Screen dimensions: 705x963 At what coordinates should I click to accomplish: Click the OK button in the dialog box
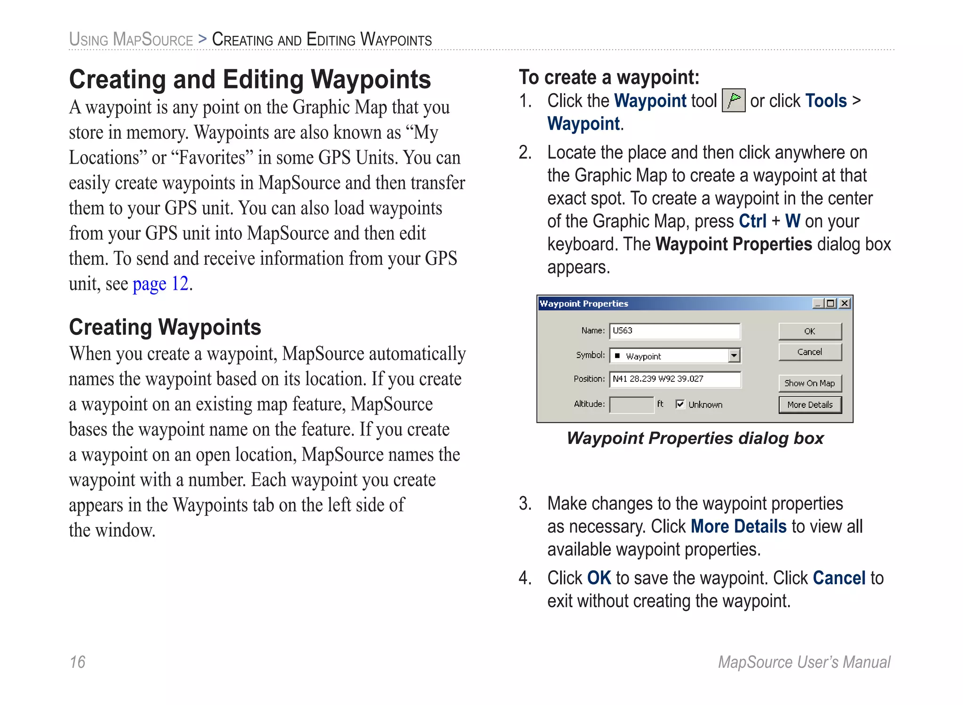810,331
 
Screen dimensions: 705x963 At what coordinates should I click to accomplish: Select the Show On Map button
810,383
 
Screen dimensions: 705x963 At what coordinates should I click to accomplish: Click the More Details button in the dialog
810,404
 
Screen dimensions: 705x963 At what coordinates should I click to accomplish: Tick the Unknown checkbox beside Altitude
680,404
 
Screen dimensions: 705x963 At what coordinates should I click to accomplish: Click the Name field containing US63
674,331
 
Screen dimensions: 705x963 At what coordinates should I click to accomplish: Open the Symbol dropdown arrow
734,356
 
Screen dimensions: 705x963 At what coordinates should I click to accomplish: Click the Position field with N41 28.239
674,379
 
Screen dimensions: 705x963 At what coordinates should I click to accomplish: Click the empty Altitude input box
631,404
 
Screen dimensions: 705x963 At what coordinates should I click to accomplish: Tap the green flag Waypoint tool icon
733,100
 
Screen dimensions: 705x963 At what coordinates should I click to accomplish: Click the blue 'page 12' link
160,284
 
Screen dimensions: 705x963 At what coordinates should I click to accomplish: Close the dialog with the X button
845,303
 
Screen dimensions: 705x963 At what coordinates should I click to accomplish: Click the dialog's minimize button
818,303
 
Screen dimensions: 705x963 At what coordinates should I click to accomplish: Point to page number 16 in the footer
78,662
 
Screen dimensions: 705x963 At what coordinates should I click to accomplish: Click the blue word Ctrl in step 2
752,221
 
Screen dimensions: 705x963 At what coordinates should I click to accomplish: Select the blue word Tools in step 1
826,101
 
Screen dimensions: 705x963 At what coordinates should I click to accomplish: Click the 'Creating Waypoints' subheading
165,327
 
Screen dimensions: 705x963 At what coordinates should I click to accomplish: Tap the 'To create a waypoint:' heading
609,77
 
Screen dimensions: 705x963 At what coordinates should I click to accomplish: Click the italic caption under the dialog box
695,438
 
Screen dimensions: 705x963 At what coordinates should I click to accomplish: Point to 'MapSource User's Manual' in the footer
804,662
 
